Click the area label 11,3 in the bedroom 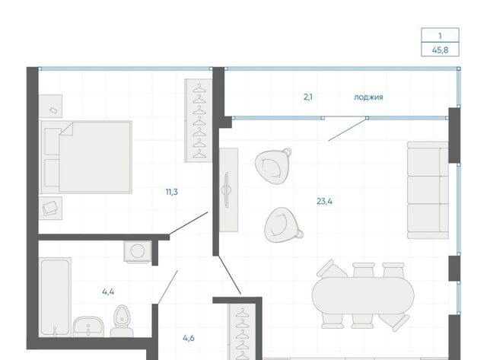point(172,192)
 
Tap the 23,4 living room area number point(324,202)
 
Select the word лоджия point(368,97)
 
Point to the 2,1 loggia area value point(308,97)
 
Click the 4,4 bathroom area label point(108,292)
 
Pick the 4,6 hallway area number point(189,338)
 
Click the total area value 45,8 point(440,49)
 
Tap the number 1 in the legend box point(440,36)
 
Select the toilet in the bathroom point(122,320)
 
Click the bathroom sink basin point(88,327)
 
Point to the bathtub point(55,298)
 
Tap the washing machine point(138,251)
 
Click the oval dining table point(363,295)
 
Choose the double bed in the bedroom point(86,157)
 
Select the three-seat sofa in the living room point(428,190)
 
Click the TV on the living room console point(227,190)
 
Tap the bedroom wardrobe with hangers point(199,120)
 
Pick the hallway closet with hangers point(242,331)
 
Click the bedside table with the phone point(51,107)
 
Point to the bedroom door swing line point(189,223)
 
